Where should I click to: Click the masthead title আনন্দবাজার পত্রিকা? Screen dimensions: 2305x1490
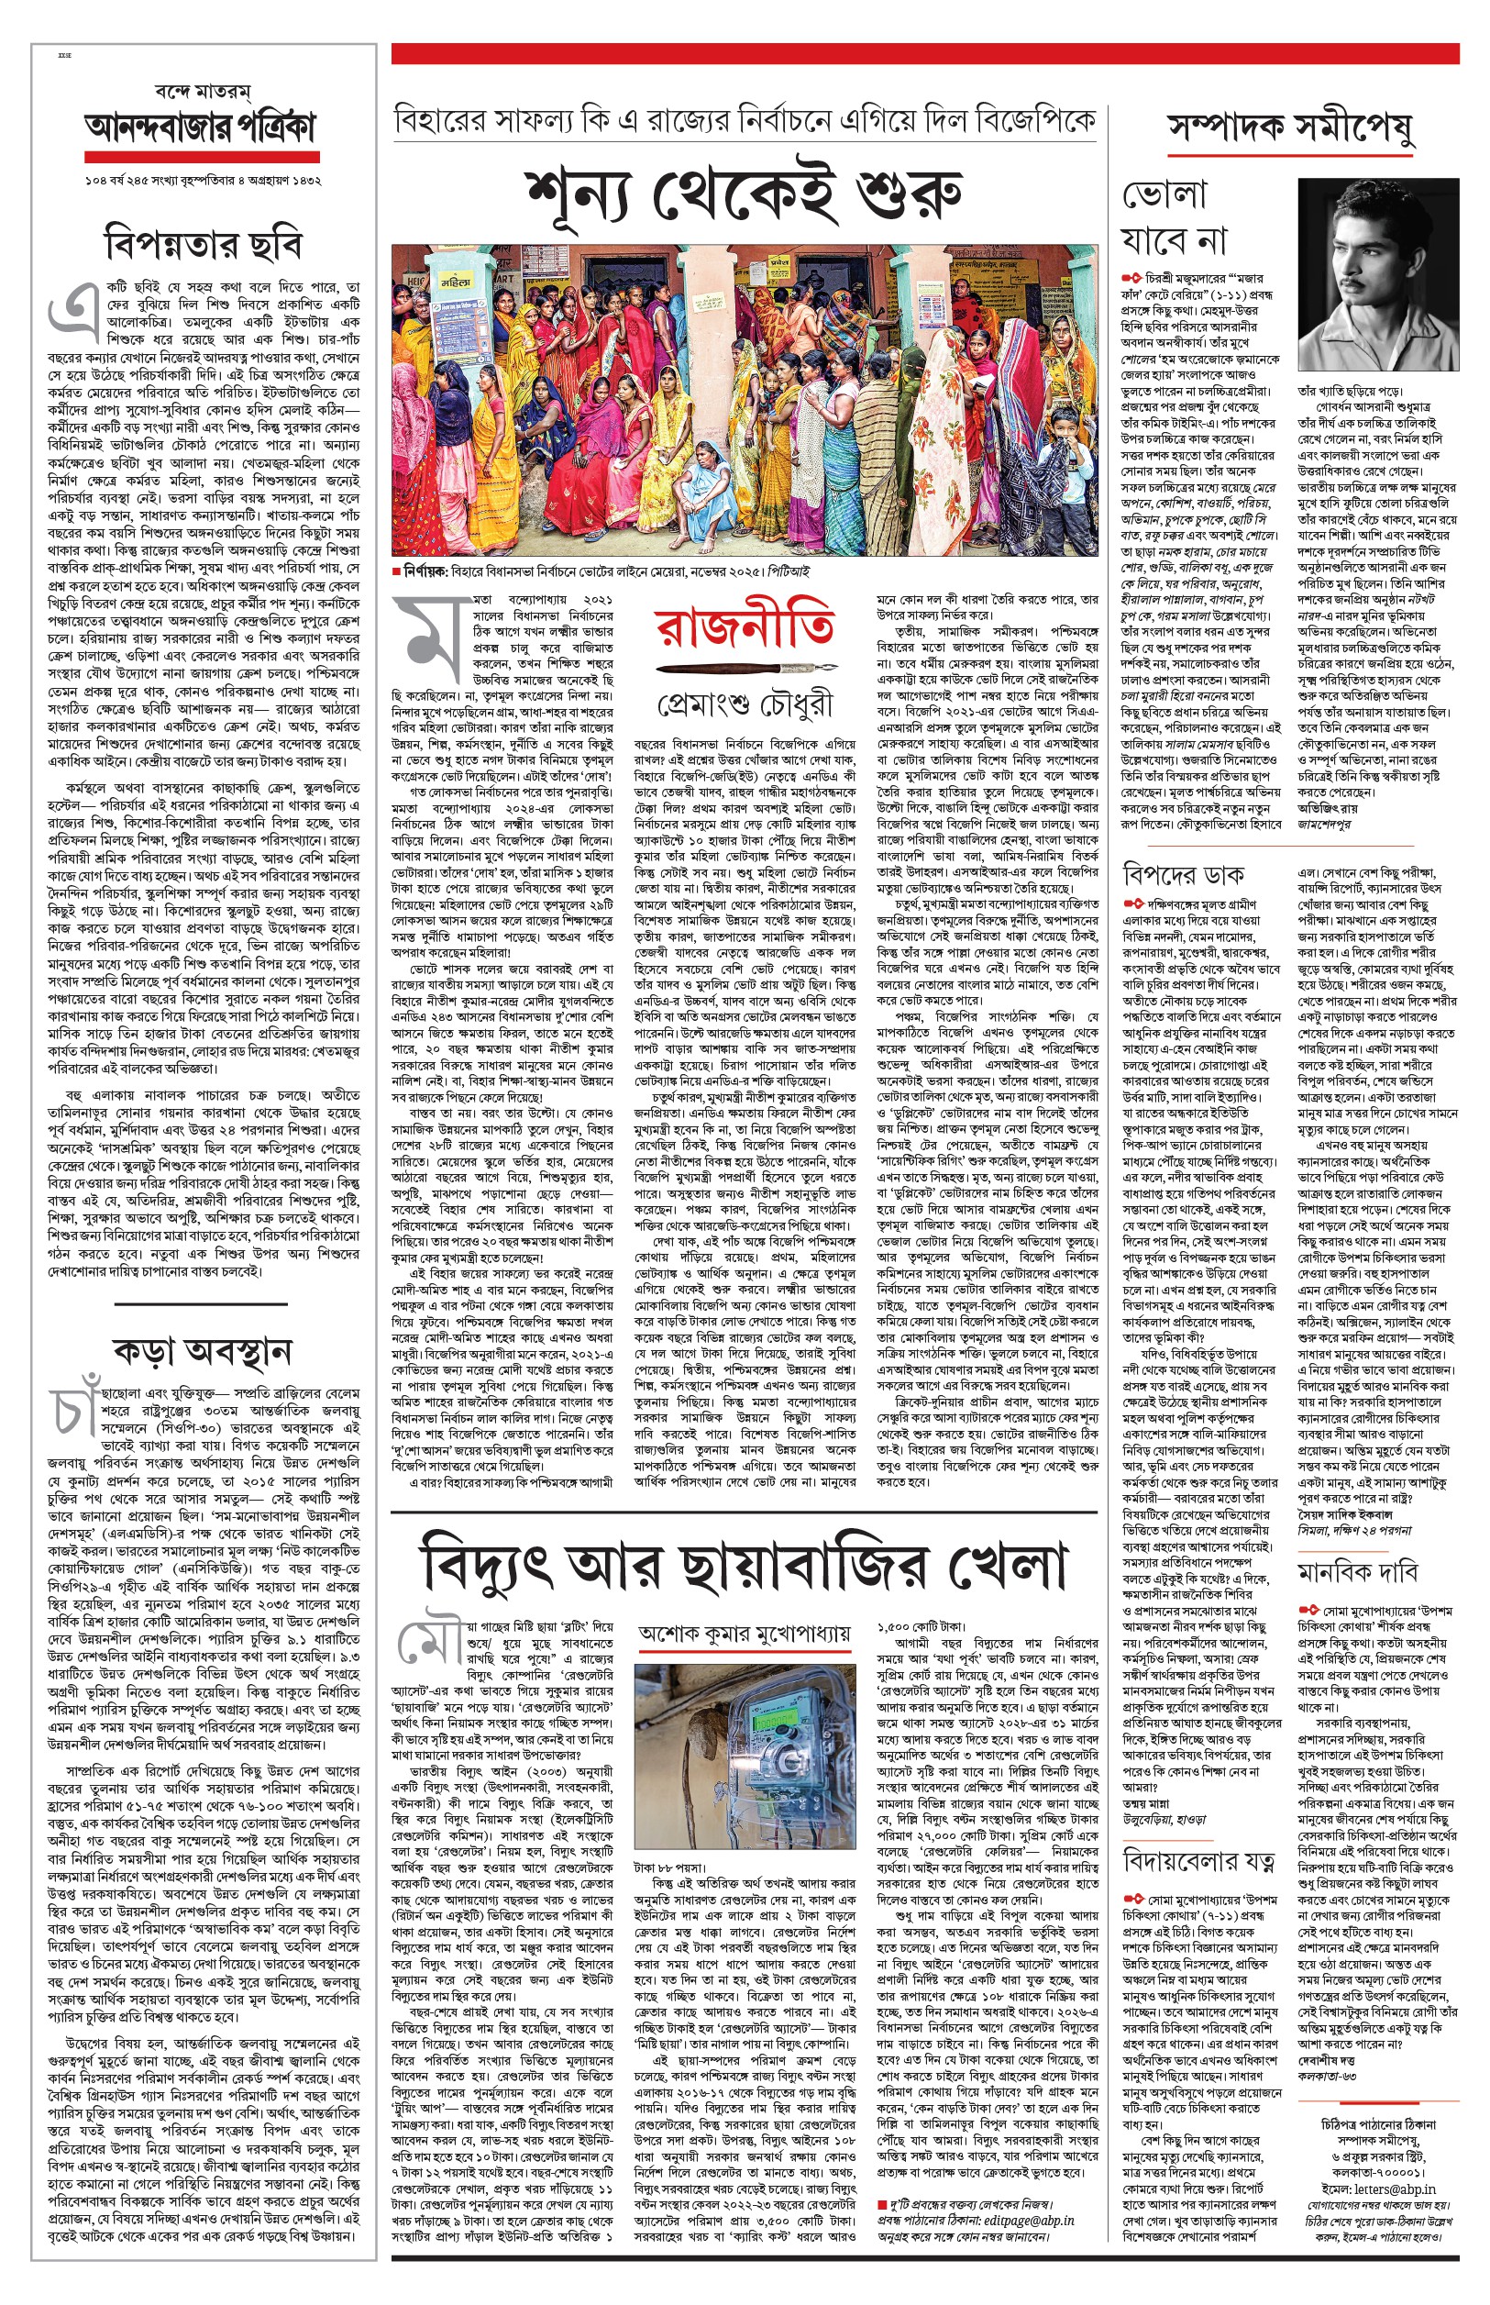(201, 127)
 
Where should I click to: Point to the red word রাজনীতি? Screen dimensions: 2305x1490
(743, 628)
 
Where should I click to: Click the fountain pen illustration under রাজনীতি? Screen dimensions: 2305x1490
(743, 669)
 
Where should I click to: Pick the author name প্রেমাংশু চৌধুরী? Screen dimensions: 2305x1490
(743, 705)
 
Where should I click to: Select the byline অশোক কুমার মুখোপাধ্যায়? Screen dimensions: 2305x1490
(744, 1634)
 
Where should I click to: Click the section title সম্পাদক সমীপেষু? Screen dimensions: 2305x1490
(1290, 127)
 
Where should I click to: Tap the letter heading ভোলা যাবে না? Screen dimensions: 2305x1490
(1174, 216)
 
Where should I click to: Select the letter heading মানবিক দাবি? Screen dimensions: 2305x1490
(1357, 1569)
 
